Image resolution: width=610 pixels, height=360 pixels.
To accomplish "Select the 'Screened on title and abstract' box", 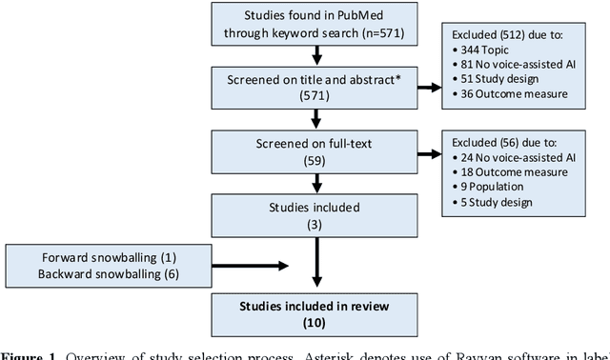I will (315, 87).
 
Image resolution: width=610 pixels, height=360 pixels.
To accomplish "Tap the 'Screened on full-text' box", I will (315, 150).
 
